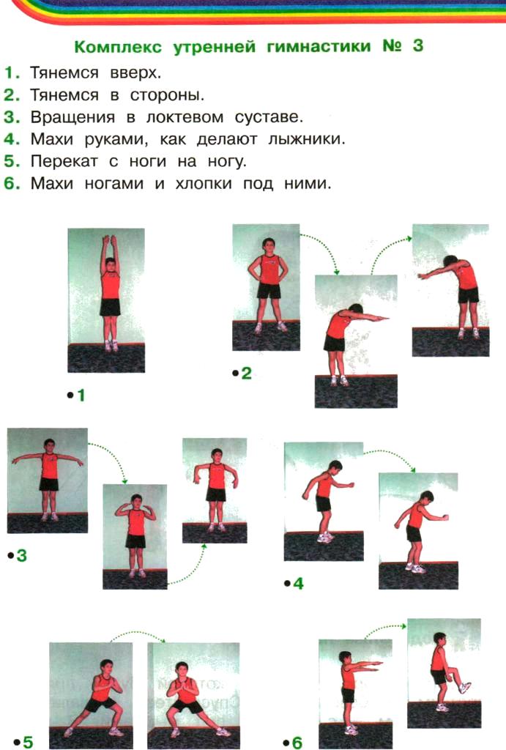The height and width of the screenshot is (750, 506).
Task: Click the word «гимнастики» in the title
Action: pyautogui.click(x=319, y=47)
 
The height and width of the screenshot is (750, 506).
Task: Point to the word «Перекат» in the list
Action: pyautogui.click(x=64, y=162)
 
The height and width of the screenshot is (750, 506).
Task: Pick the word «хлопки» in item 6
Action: pyautogui.click(x=204, y=183)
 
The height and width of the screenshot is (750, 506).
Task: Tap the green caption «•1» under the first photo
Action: pyautogui.click(x=76, y=395)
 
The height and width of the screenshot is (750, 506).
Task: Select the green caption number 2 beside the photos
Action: pyautogui.click(x=246, y=373)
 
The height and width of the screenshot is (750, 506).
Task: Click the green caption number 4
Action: pyautogui.click(x=298, y=584)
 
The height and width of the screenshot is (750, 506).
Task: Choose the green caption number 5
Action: pyautogui.click(x=28, y=742)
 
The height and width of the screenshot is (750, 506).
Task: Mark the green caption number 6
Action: pyautogui.click(x=297, y=743)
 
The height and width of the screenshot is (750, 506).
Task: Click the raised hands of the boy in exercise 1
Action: pyautogui.click(x=110, y=240)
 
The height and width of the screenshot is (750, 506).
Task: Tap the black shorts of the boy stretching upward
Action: pyautogui.click(x=110, y=307)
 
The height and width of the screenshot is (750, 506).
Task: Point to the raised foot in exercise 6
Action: pyautogui.click(x=465, y=687)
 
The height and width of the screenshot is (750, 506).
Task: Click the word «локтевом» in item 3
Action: pyautogui.click(x=184, y=117)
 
